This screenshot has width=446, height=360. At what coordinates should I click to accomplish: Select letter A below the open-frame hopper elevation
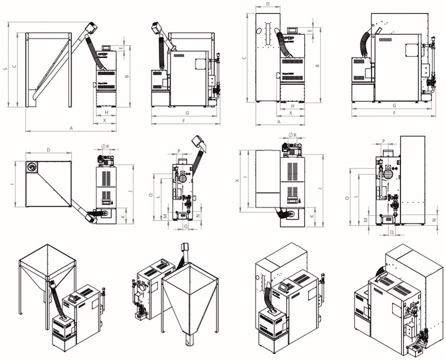[71, 128]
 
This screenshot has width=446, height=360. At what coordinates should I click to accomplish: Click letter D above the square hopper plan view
[48, 150]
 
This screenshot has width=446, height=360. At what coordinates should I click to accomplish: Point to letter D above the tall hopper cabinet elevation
[268, 4]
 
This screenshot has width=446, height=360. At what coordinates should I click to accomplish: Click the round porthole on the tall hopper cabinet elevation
[259, 31]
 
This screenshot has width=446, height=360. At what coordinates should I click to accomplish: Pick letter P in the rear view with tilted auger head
[179, 151]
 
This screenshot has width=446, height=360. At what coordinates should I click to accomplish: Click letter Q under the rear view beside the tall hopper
[391, 232]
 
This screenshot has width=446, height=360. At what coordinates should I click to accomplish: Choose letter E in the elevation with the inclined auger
[121, 48]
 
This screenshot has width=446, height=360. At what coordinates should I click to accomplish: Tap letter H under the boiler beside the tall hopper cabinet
[292, 106]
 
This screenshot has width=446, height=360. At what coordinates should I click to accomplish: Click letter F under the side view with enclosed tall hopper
[394, 113]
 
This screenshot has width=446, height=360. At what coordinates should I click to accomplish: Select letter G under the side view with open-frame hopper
[186, 113]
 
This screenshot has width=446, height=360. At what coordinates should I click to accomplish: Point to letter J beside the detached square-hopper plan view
[129, 192]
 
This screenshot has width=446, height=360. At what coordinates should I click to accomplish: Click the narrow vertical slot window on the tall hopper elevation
[268, 35]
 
